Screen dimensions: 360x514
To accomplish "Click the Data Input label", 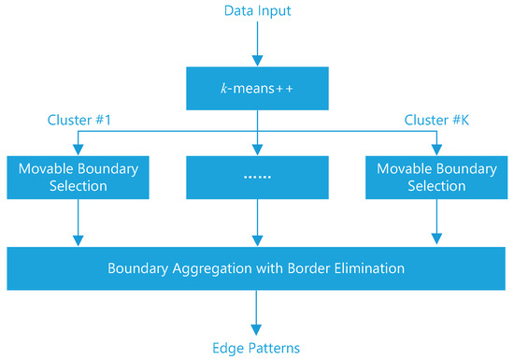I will coord(256,11).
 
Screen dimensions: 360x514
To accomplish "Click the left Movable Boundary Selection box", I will coord(77,177).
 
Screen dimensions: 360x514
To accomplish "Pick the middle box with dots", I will coord(256,177).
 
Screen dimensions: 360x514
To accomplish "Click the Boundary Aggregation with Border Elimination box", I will coord(256,268).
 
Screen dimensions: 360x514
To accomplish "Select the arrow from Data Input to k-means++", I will coord(256,43).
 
